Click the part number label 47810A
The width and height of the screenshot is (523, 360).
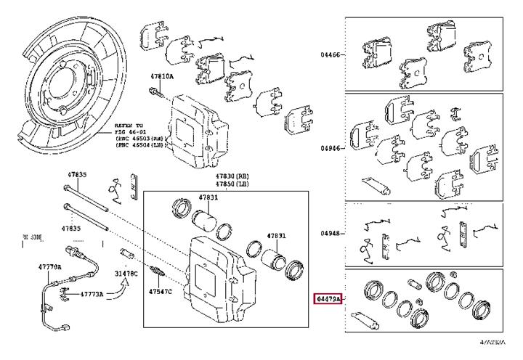(161, 76)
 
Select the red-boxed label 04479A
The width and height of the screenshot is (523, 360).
(328, 298)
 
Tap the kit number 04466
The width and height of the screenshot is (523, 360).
(331, 54)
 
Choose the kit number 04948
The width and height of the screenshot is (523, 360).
(331, 233)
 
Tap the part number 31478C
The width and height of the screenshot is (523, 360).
(126, 273)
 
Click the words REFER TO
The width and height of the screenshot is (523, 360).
(128, 126)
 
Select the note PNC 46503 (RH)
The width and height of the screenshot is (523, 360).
(142, 139)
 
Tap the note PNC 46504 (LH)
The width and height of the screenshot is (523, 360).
(142, 145)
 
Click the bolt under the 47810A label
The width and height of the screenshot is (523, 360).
(155, 92)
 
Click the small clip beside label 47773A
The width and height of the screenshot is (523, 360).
(65, 292)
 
